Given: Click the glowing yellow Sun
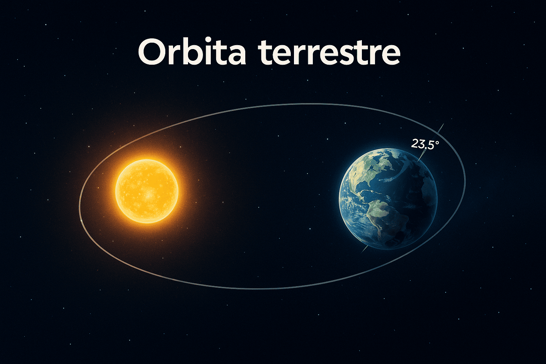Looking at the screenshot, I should (x=147, y=191).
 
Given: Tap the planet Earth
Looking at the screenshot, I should (x=388, y=199).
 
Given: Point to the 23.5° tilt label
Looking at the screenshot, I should (x=425, y=144).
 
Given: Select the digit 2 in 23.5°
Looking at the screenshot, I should (x=414, y=144).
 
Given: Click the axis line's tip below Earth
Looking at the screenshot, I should (x=362, y=252).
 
